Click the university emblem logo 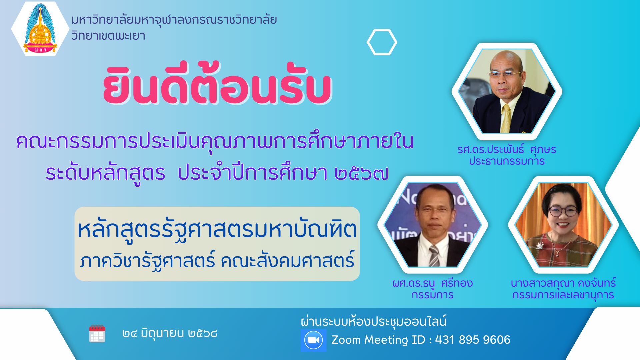click(40, 29)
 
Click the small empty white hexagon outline click(382, 42)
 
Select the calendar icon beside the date click(97, 333)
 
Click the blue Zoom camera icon click(313, 340)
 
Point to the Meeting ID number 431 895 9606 click(473, 340)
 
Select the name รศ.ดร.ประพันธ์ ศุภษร click(507, 150)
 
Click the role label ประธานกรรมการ click(507, 161)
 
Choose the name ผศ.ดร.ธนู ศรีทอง click(433, 283)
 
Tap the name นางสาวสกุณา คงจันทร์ click(563, 283)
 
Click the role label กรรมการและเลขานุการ click(563, 295)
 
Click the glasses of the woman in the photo click(563, 211)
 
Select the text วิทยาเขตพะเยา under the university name click(108, 36)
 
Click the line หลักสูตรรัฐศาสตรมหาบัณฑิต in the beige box click(217, 230)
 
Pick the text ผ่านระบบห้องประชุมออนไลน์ click(373, 321)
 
